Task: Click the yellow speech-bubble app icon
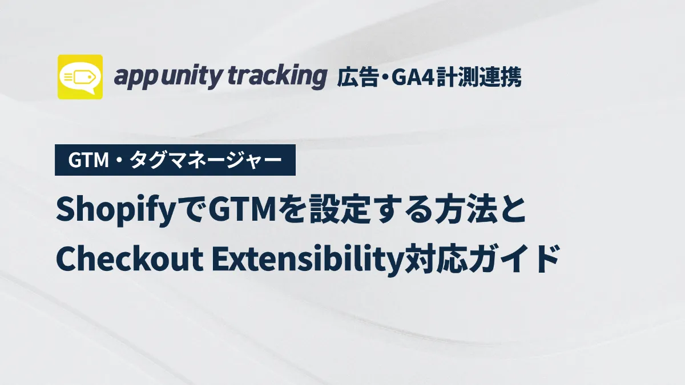point(80,77)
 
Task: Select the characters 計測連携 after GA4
point(479,78)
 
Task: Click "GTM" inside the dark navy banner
point(88,160)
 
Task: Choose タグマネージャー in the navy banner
point(206,160)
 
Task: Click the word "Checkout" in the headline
point(130,258)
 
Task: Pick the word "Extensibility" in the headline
point(307,260)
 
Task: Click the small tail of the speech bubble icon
point(89,91)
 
